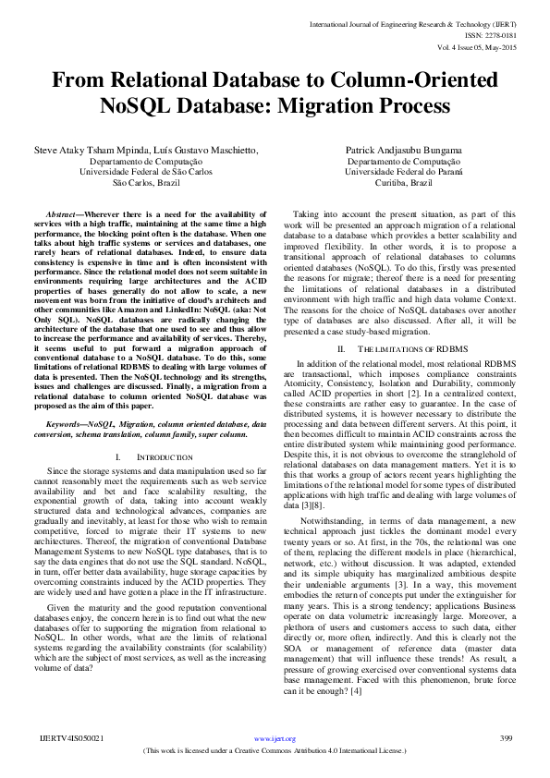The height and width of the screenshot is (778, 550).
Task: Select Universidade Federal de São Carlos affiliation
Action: pyautogui.click(x=146, y=171)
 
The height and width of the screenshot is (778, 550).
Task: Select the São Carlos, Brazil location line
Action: pyautogui.click(x=146, y=183)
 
